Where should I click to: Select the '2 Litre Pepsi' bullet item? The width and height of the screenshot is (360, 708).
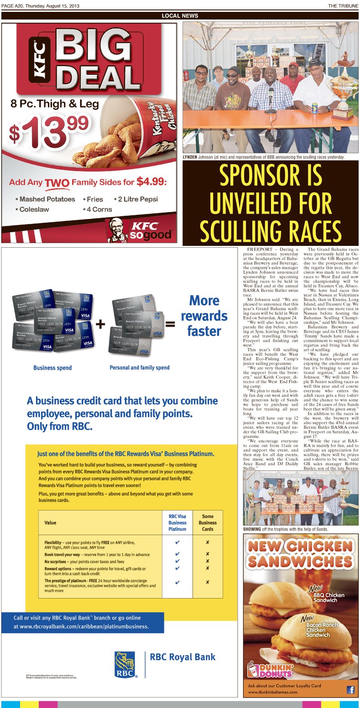coord(137,199)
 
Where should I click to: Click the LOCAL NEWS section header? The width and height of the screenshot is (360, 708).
coord(180,16)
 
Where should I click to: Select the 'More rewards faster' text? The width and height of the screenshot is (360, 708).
coord(207,316)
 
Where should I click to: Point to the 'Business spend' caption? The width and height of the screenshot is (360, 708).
coord(52,368)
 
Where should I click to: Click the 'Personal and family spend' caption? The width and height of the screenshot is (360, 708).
coord(140,367)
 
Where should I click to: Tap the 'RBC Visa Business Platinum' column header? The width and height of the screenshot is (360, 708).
coord(177,523)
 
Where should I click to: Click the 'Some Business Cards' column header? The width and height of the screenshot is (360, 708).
coord(208,523)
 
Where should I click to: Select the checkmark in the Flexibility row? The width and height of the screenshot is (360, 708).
coord(177,543)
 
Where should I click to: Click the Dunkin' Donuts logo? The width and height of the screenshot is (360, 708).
coord(270,669)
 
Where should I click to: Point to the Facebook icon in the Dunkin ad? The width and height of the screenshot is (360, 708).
coord(350,689)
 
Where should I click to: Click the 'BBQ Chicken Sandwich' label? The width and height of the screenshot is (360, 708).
coord(329,598)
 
